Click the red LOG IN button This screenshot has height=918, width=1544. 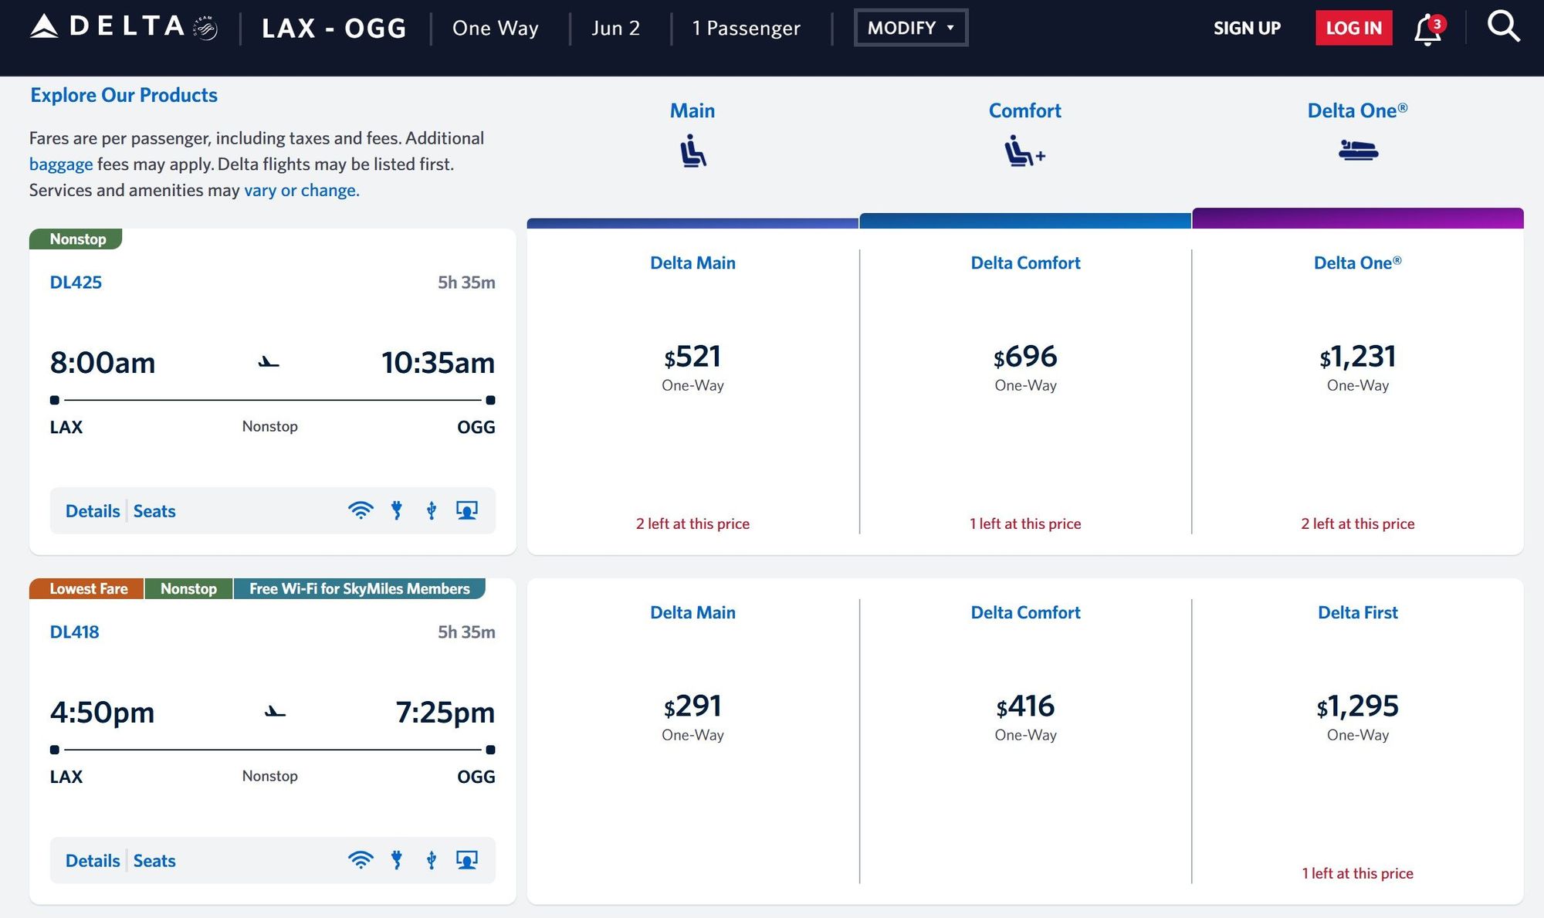(x=1353, y=28)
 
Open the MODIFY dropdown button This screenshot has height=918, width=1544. (x=911, y=28)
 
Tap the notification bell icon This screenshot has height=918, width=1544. (x=1428, y=29)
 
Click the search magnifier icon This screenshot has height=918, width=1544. (x=1503, y=27)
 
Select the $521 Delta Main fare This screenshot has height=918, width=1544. (x=692, y=357)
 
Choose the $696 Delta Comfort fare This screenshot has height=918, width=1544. (x=1025, y=357)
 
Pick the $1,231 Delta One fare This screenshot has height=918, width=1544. (x=1357, y=357)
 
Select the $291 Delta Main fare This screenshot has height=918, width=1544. (x=692, y=706)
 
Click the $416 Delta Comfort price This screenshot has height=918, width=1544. (x=1025, y=706)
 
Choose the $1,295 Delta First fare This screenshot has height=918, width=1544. (x=1357, y=706)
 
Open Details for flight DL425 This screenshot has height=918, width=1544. (x=93, y=511)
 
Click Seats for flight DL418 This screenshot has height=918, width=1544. (x=154, y=861)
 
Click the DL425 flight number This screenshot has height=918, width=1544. (x=76, y=283)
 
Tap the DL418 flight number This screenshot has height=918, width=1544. (x=75, y=632)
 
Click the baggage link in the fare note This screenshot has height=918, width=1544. (x=61, y=164)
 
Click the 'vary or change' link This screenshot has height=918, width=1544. (x=302, y=190)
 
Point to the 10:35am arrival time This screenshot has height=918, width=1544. (x=438, y=363)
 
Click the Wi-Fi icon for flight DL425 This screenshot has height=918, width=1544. (x=361, y=510)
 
